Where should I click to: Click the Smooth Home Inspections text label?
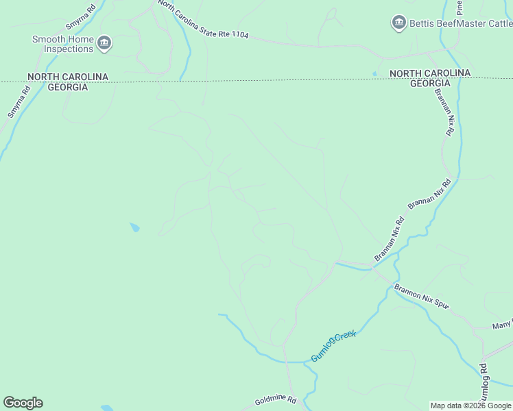pos(62,44)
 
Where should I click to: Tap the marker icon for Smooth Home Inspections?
pos(104,44)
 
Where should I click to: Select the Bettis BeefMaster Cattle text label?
pos(457,23)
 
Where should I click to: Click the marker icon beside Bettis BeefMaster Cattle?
pos(398,23)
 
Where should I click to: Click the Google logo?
pos(23,403)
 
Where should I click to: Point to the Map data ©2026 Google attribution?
pos(470,406)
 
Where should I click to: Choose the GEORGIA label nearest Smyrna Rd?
pos(67,87)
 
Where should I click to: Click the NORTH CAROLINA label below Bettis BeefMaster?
pos(430,73)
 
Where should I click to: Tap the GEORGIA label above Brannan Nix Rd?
pos(430,83)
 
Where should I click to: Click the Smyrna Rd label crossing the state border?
pos(19,101)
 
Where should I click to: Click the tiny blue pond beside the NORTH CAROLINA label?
pos(374,73)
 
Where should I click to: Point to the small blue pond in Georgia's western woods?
pos(135,227)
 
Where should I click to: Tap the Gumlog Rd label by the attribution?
pos(484,384)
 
